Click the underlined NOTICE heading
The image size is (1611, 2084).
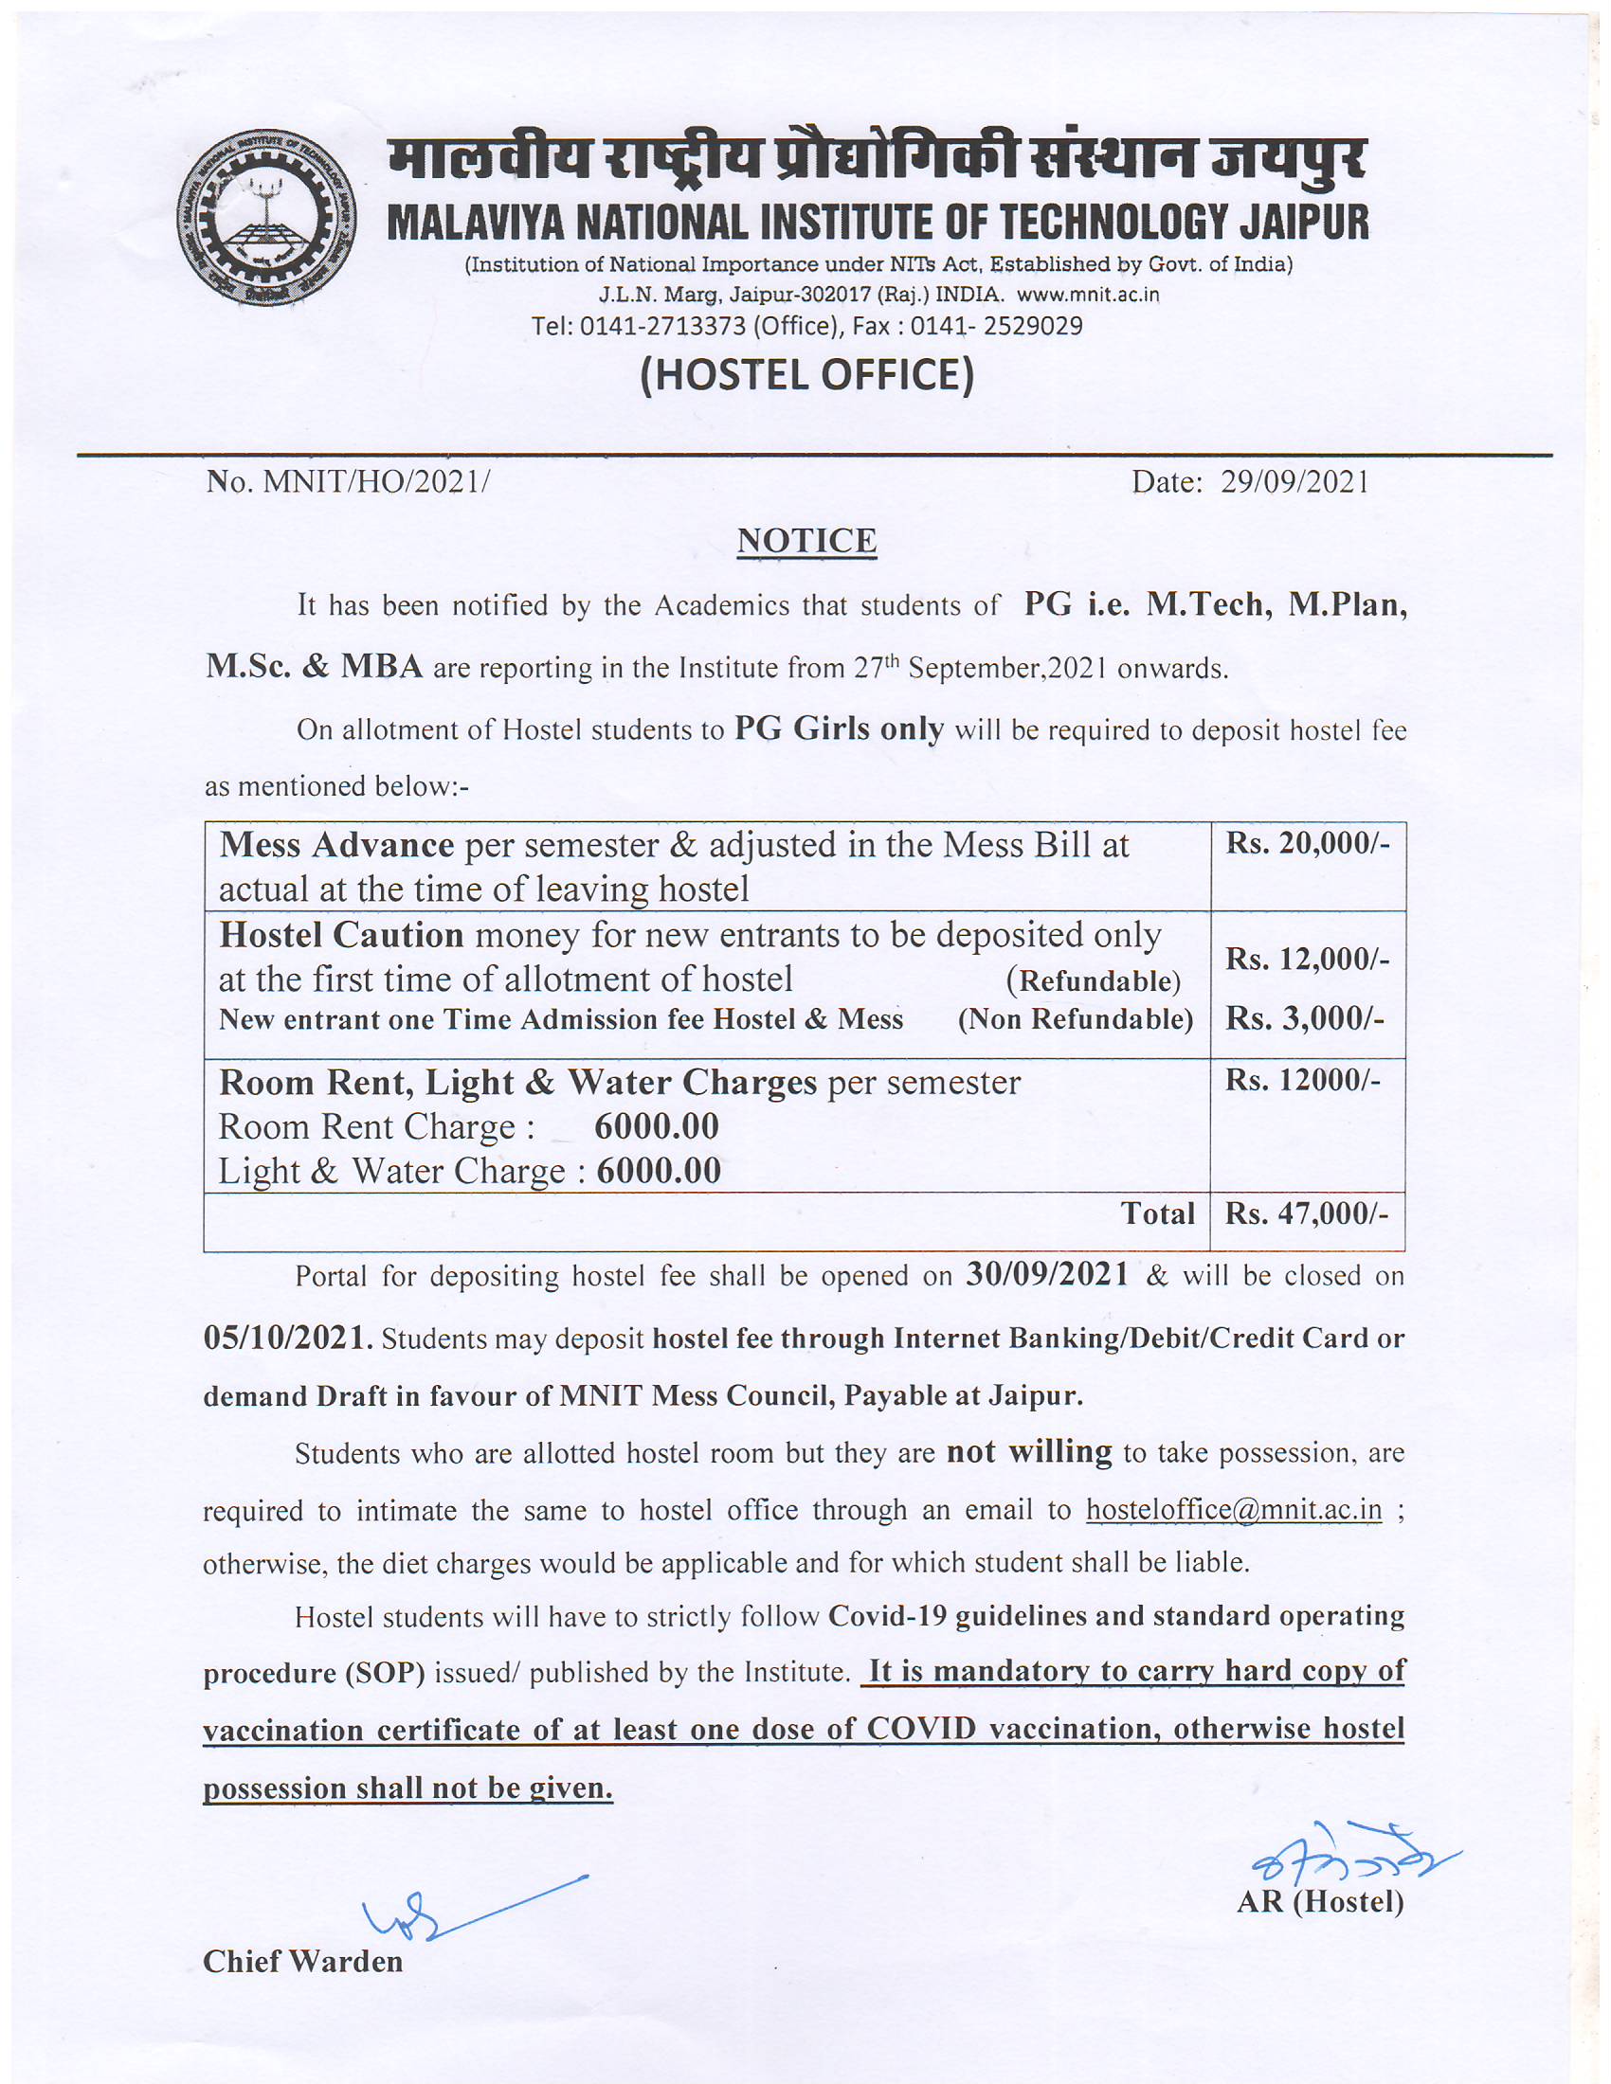806,541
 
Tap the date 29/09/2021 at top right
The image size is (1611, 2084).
1295,482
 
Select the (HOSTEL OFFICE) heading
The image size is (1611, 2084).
806,375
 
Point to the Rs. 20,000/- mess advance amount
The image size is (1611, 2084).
1308,843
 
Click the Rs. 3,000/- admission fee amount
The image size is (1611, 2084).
1305,1019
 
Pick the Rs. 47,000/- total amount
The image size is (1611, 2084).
1307,1213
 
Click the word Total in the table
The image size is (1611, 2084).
1158,1213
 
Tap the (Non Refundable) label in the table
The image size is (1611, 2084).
1076,1019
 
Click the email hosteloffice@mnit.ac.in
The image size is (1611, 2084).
1234,1510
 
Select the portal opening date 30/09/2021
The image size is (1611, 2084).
1048,1275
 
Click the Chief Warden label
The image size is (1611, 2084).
302,1961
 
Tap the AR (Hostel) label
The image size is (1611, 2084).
1320,1902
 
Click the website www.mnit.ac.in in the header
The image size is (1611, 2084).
1088,294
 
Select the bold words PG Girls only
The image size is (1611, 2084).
839,729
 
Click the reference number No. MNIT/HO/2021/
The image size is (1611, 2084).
348,482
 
